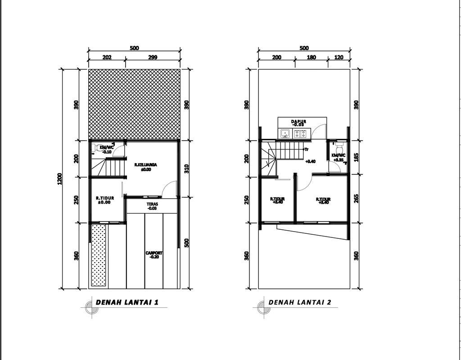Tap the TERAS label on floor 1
(x=151, y=204)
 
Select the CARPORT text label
(x=154, y=253)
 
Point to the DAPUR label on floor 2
(x=299, y=121)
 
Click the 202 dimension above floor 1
(x=107, y=57)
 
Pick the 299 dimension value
(x=153, y=57)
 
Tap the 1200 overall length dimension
(x=60, y=179)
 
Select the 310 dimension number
(x=186, y=169)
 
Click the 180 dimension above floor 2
(x=311, y=57)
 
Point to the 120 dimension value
(x=339, y=57)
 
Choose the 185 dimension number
(x=356, y=157)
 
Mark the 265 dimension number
(x=356, y=199)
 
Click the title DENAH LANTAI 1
(x=127, y=302)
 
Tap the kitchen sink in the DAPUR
(x=285, y=133)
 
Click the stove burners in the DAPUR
(x=300, y=133)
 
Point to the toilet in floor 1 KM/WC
(x=99, y=147)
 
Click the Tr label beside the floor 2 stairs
(x=306, y=149)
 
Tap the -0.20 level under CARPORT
(x=154, y=257)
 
